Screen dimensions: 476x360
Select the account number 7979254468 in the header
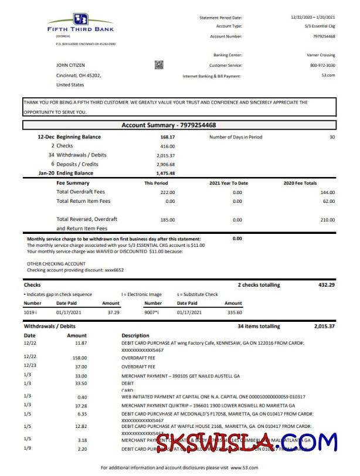click(x=324, y=36)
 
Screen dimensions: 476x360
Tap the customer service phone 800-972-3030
click(x=322, y=65)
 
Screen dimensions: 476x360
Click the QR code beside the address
click(x=159, y=64)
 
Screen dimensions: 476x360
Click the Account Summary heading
click(x=168, y=125)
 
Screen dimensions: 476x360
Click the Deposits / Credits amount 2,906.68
click(x=166, y=164)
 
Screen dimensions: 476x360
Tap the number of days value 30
click(x=332, y=137)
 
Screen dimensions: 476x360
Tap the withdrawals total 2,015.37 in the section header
click(x=324, y=326)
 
